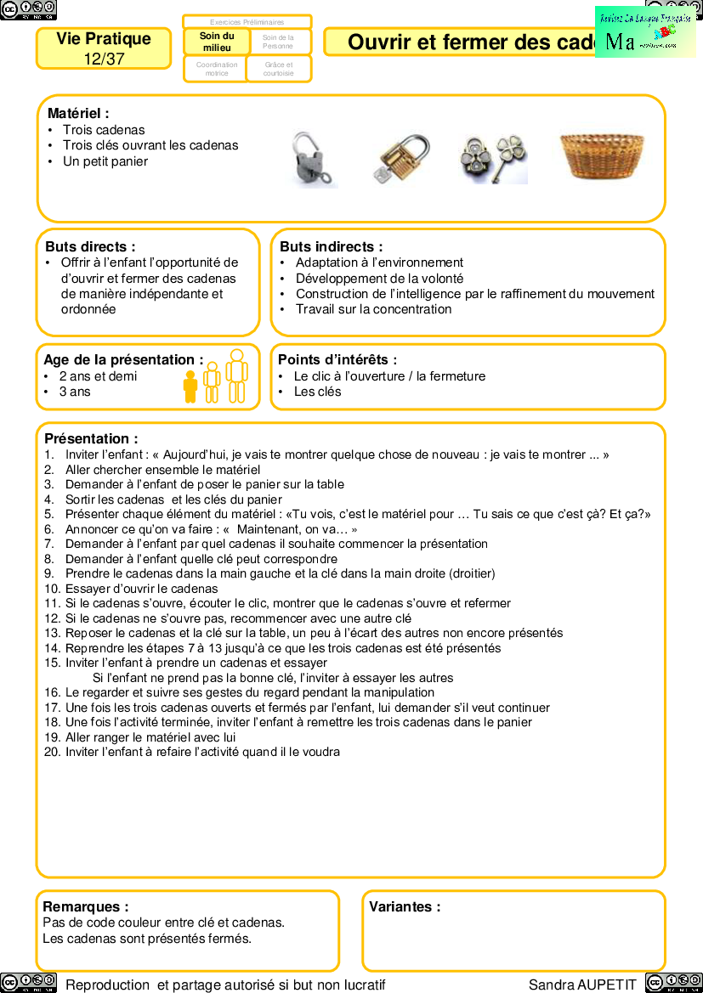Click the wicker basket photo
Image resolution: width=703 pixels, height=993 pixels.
pyautogui.click(x=601, y=155)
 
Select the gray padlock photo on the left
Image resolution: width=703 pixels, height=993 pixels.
pyautogui.click(x=313, y=159)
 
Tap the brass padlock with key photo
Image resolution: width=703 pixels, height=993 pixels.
pyautogui.click(x=400, y=159)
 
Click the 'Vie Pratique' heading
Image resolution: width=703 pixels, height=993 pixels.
pyautogui.click(x=104, y=39)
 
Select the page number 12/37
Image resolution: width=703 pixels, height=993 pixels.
pyautogui.click(x=104, y=59)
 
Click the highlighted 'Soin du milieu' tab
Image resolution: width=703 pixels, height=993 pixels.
pyautogui.click(x=217, y=42)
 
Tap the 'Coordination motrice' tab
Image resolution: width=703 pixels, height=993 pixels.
pyautogui.click(x=217, y=69)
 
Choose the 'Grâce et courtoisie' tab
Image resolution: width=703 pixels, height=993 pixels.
pyautogui.click(x=278, y=69)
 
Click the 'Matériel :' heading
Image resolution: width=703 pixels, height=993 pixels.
pyautogui.click(x=78, y=113)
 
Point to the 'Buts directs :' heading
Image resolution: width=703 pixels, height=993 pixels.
pyautogui.click(x=90, y=246)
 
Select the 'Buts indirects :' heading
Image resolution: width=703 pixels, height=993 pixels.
pyautogui.click(x=331, y=246)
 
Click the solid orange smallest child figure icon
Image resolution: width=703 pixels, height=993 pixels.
pyautogui.click(x=190, y=386)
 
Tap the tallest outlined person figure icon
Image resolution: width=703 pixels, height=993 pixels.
pyautogui.click(x=236, y=375)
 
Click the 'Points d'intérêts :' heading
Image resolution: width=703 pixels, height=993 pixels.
pyautogui.click(x=337, y=360)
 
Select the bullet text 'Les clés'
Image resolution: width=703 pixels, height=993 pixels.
pyautogui.click(x=317, y=392)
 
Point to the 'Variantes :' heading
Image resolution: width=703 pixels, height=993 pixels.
pyautogui.click(x=405, y=906)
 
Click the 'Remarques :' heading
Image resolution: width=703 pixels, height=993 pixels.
pyautogui.click(x=86, y=906)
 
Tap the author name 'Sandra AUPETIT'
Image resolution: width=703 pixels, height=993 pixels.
pyautogui.click(x=582, y=985)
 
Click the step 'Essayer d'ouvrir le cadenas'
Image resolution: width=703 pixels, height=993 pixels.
pyautogui.click(x=141, y=589)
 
